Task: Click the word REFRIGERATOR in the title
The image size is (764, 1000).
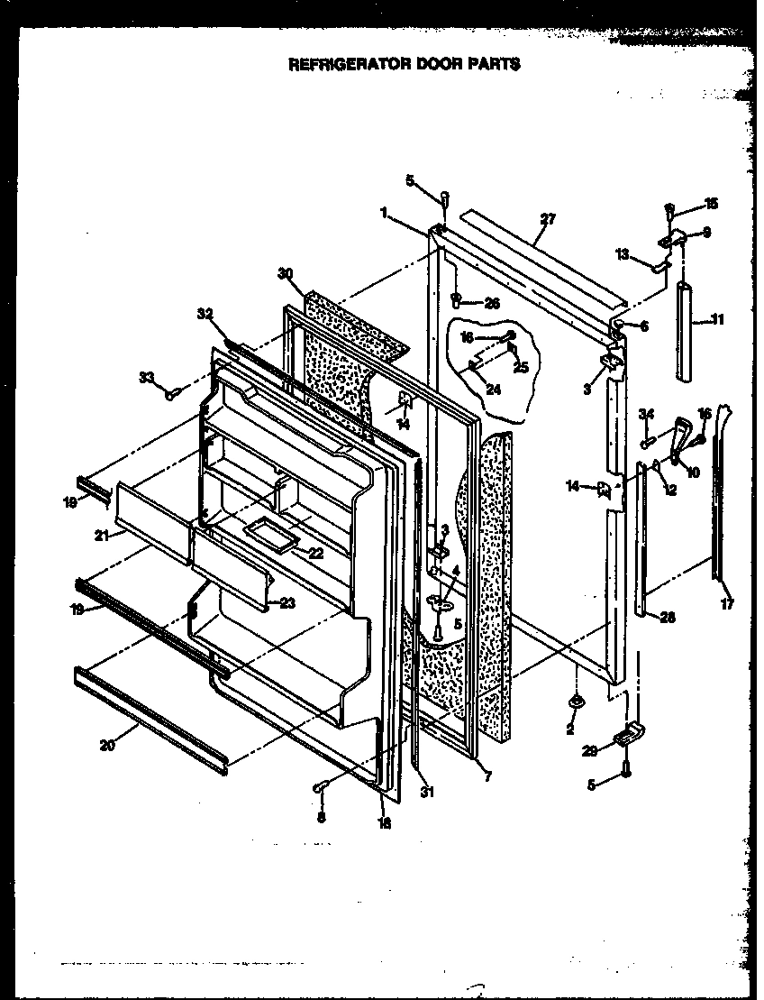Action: (x=341, y=65)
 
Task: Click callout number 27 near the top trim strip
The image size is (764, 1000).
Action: (x=548, y=219)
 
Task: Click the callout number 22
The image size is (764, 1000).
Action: (x=314, y=553)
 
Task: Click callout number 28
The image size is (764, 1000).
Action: (x=668, y=619)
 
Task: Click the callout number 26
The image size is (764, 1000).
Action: (x=491, y=303)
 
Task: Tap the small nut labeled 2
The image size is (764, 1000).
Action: (x=573, y=702)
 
